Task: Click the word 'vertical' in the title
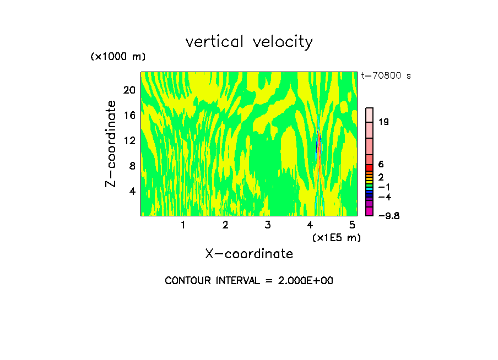tap(215, 42)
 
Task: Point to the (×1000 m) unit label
tap(118, 57)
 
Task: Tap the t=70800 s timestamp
tap(386, 76)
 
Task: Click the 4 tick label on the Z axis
tap(132, 191)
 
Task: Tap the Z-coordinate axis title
tap(111, 144)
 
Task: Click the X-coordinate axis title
tap(249, 254)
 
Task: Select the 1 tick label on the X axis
tap(183, 225)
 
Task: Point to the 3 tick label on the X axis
tap(268, 225)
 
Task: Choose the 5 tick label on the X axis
tap(353, 225)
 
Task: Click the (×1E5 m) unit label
tap(336, 238)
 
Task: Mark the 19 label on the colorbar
tap(384, 122)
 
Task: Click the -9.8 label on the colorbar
tap(388, 216)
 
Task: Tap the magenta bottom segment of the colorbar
tap(370, 211)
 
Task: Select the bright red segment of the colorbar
tap(370, 168)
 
